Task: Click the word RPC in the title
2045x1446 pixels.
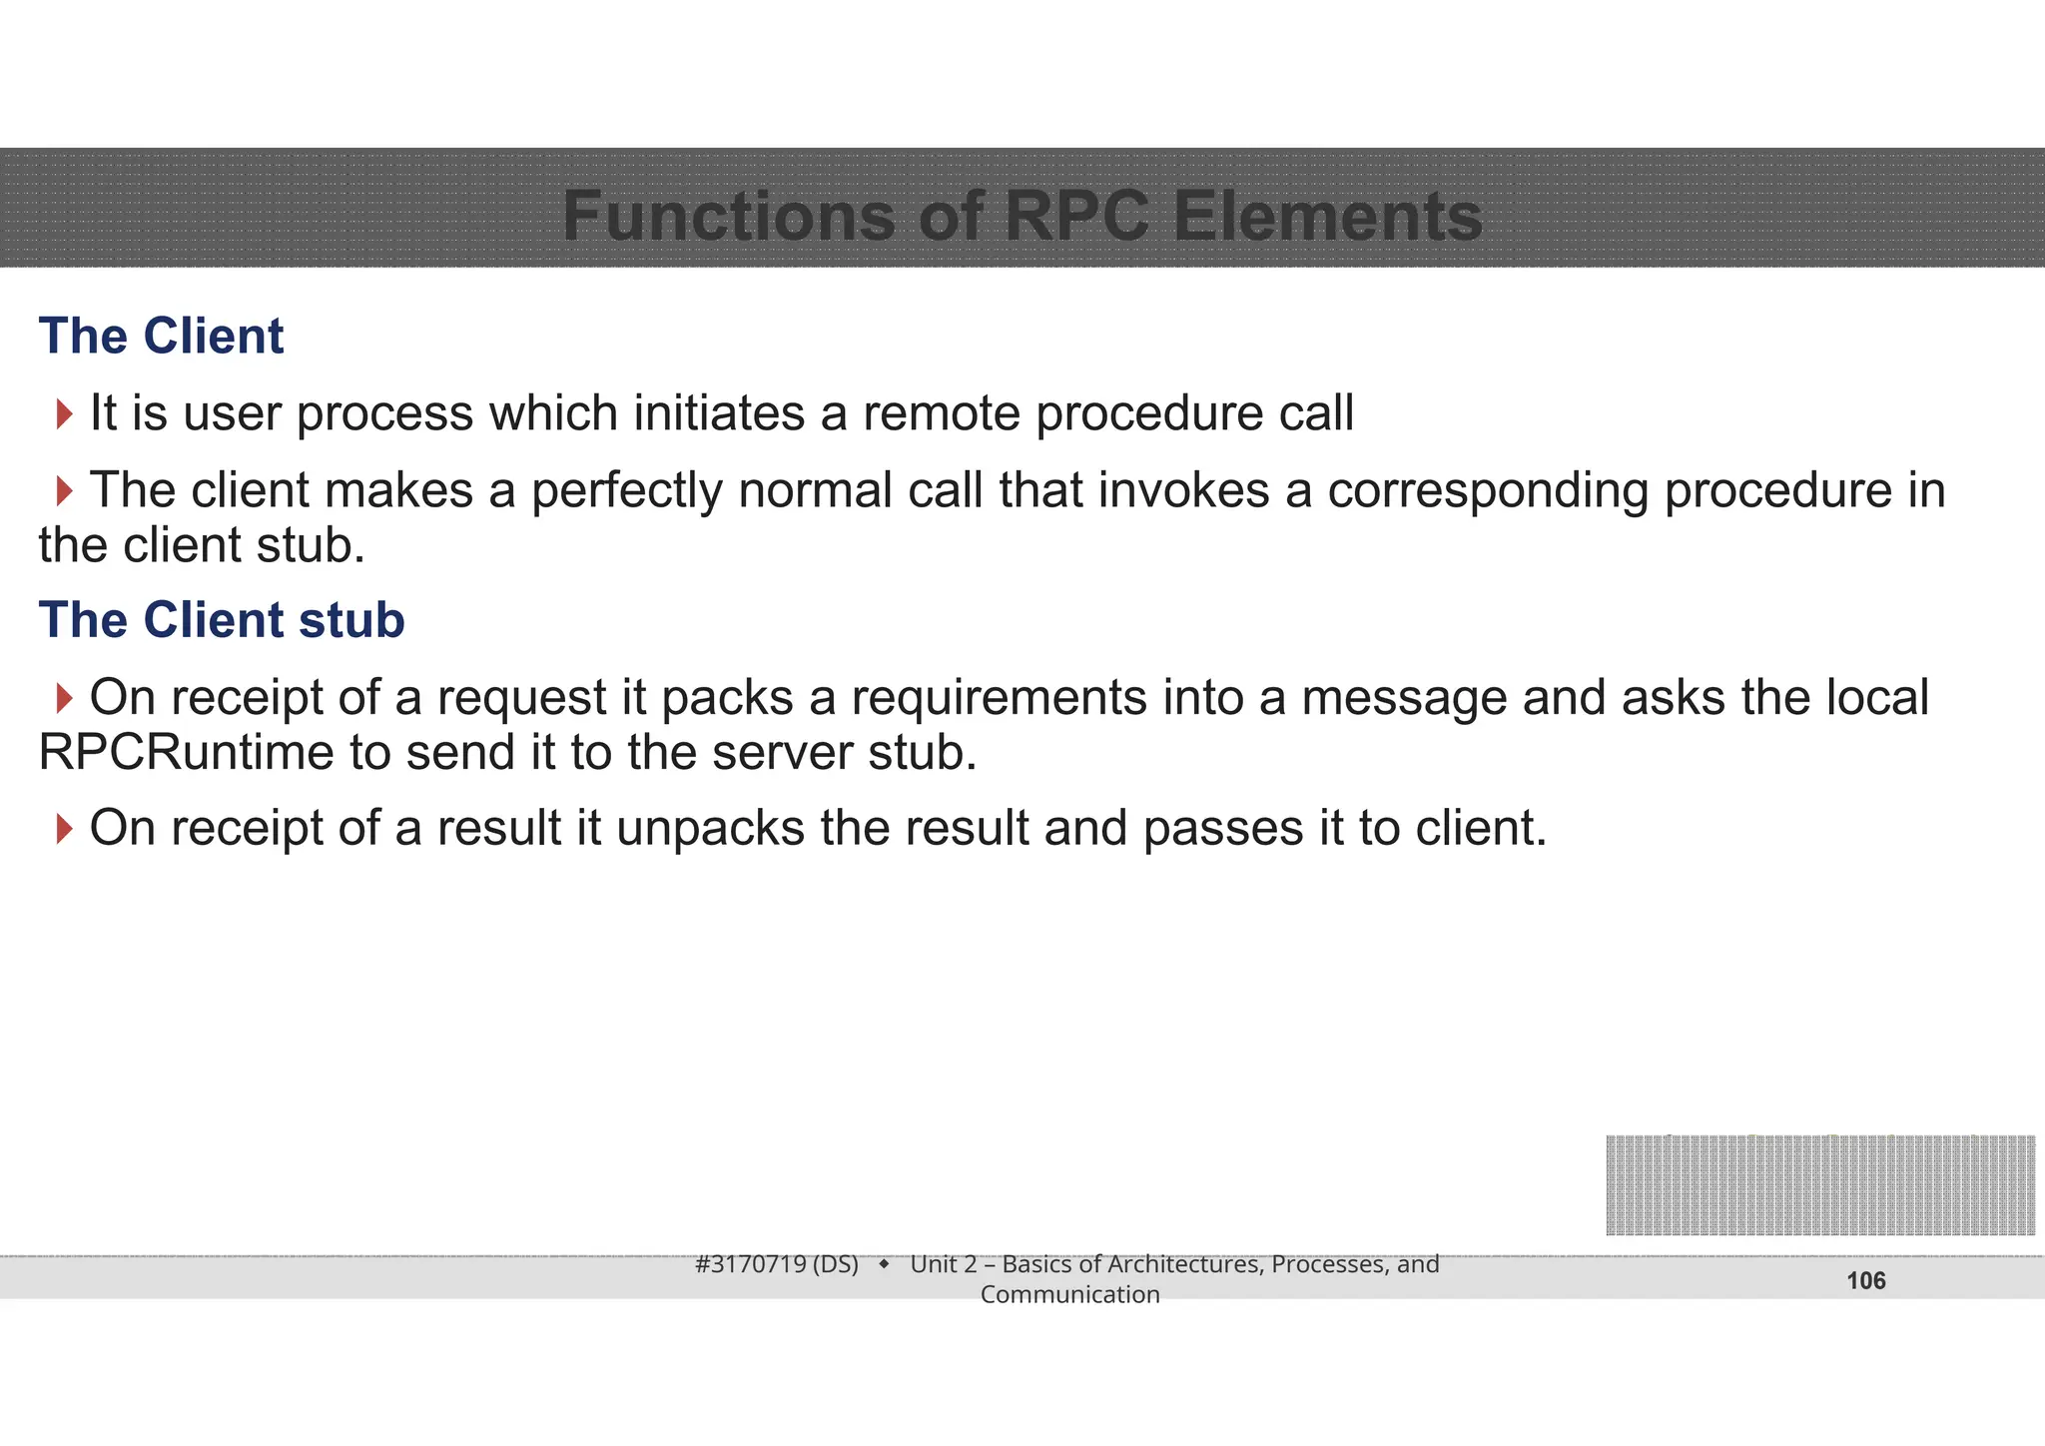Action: point(1076,216)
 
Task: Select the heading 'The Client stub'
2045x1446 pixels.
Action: point(222,620)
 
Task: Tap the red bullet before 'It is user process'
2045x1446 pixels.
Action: point(65,413)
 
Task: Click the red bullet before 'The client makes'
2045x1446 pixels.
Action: point(65,490)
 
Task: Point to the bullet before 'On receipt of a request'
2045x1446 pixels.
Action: point(65,698)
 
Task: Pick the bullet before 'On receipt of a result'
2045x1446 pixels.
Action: point(65,828)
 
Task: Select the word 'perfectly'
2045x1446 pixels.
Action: point(626,491)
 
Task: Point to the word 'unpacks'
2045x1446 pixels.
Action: point(710,829)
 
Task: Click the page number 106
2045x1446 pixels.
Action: point(1865,1281)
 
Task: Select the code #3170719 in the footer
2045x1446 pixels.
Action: point(750,1264)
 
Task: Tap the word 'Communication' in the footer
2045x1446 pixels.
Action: point(1069,1294)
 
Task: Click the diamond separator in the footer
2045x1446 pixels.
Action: point(884,1264)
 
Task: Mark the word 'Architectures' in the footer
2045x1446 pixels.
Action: point(1185,1264)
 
